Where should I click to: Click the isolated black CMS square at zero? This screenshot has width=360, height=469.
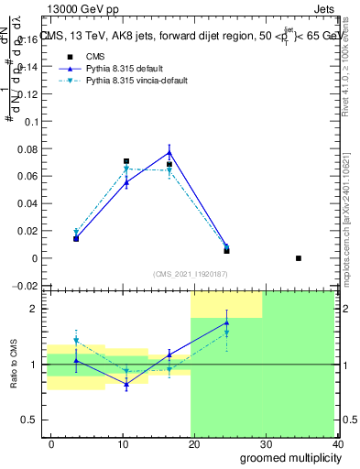pos(299,258)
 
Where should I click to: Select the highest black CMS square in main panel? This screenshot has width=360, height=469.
pos(126,161)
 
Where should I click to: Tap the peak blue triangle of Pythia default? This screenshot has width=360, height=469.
pos(169,152)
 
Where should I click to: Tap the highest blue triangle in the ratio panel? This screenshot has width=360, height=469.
pos(226,322)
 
